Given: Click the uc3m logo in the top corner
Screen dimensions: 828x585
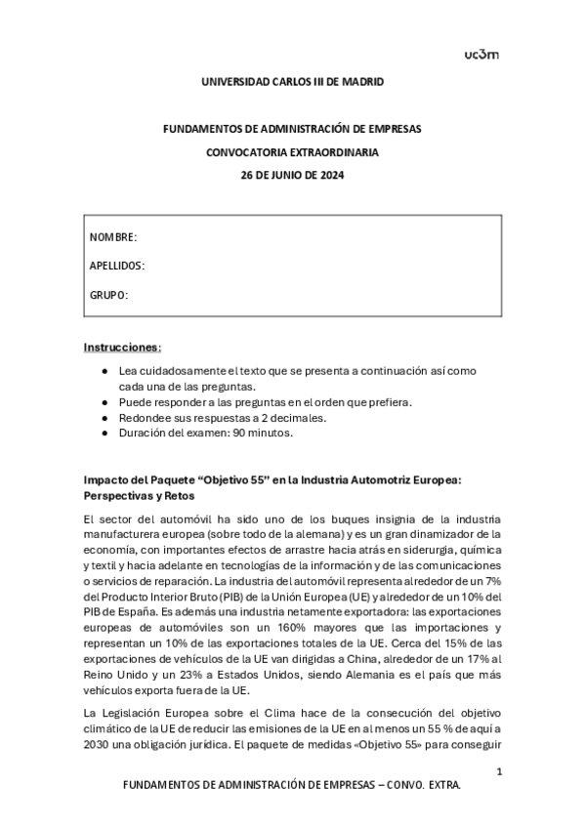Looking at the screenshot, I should click(481, 54).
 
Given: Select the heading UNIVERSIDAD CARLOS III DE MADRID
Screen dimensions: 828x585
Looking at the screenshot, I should click(292, 82).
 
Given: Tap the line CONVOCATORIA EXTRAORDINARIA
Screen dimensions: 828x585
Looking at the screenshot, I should click(292, 152).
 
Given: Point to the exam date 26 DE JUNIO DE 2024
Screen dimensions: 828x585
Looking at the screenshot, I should click(292, 176).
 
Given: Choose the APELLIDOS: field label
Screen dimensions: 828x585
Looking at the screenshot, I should click(117, 266).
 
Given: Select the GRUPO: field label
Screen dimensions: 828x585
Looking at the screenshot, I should click(109, 294).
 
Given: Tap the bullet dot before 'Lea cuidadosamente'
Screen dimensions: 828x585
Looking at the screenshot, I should click(104, 371).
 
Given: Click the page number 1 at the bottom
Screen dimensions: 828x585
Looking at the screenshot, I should click(498, 772).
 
